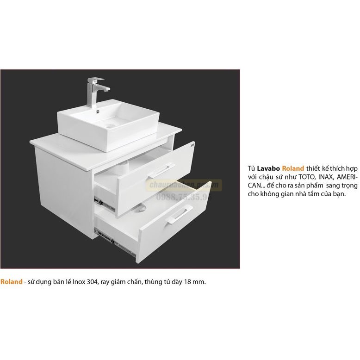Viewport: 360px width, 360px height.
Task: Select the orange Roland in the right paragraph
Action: (293, 168)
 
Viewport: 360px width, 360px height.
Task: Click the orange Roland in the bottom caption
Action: (11, 281)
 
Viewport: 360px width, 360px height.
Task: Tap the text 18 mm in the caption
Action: (192, 281)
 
